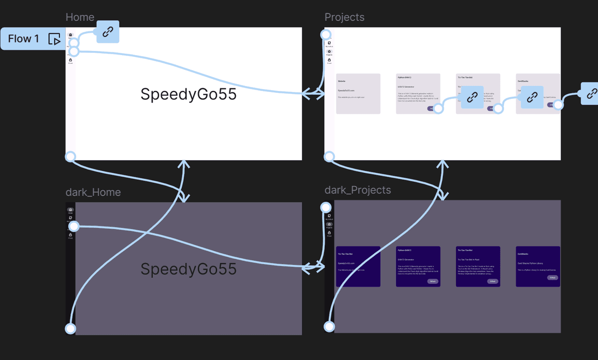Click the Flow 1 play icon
pyautogui.click(x=55, y=39)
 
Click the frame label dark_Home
pyautogui.click(x=93, y=192)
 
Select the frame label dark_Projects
pyautogui.click(x=357, y=190)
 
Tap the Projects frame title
pyautogui.click(x=344, y=17)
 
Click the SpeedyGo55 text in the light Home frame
pyautogui.click(x=188, y=94)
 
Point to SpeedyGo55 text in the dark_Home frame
pyautogui.click(x=188, y=269)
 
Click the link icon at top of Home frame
pyautogui.click(x=108, y=32)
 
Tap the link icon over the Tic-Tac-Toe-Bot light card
pyautogui.click(x=472, y=97)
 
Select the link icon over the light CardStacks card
pyautogui.click(x=532, y=97)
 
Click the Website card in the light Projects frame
pyautogui.click(x=358, y=93)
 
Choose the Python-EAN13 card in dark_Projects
pyautogui.click(x=418, y=266)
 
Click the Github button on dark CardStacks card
pyautogui.click(x=552, y=278)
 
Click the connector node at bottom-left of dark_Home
pyautogui.click(x=70, y=329)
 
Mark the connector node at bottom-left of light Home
pyautogui.click(x=70, y=156)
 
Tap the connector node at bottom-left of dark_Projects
pyautogui.click(x=329, y=326)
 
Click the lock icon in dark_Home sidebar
pyautogui.click(x=71, y=235)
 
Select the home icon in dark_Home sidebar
pyautogui.click(x=71, y=210)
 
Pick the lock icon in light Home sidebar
pyautogui.click(x=71, y=60)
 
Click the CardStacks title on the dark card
pyautogui.click(x=523, y=254)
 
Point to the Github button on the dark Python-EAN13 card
pyautogui.click(x=433, y=282)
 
